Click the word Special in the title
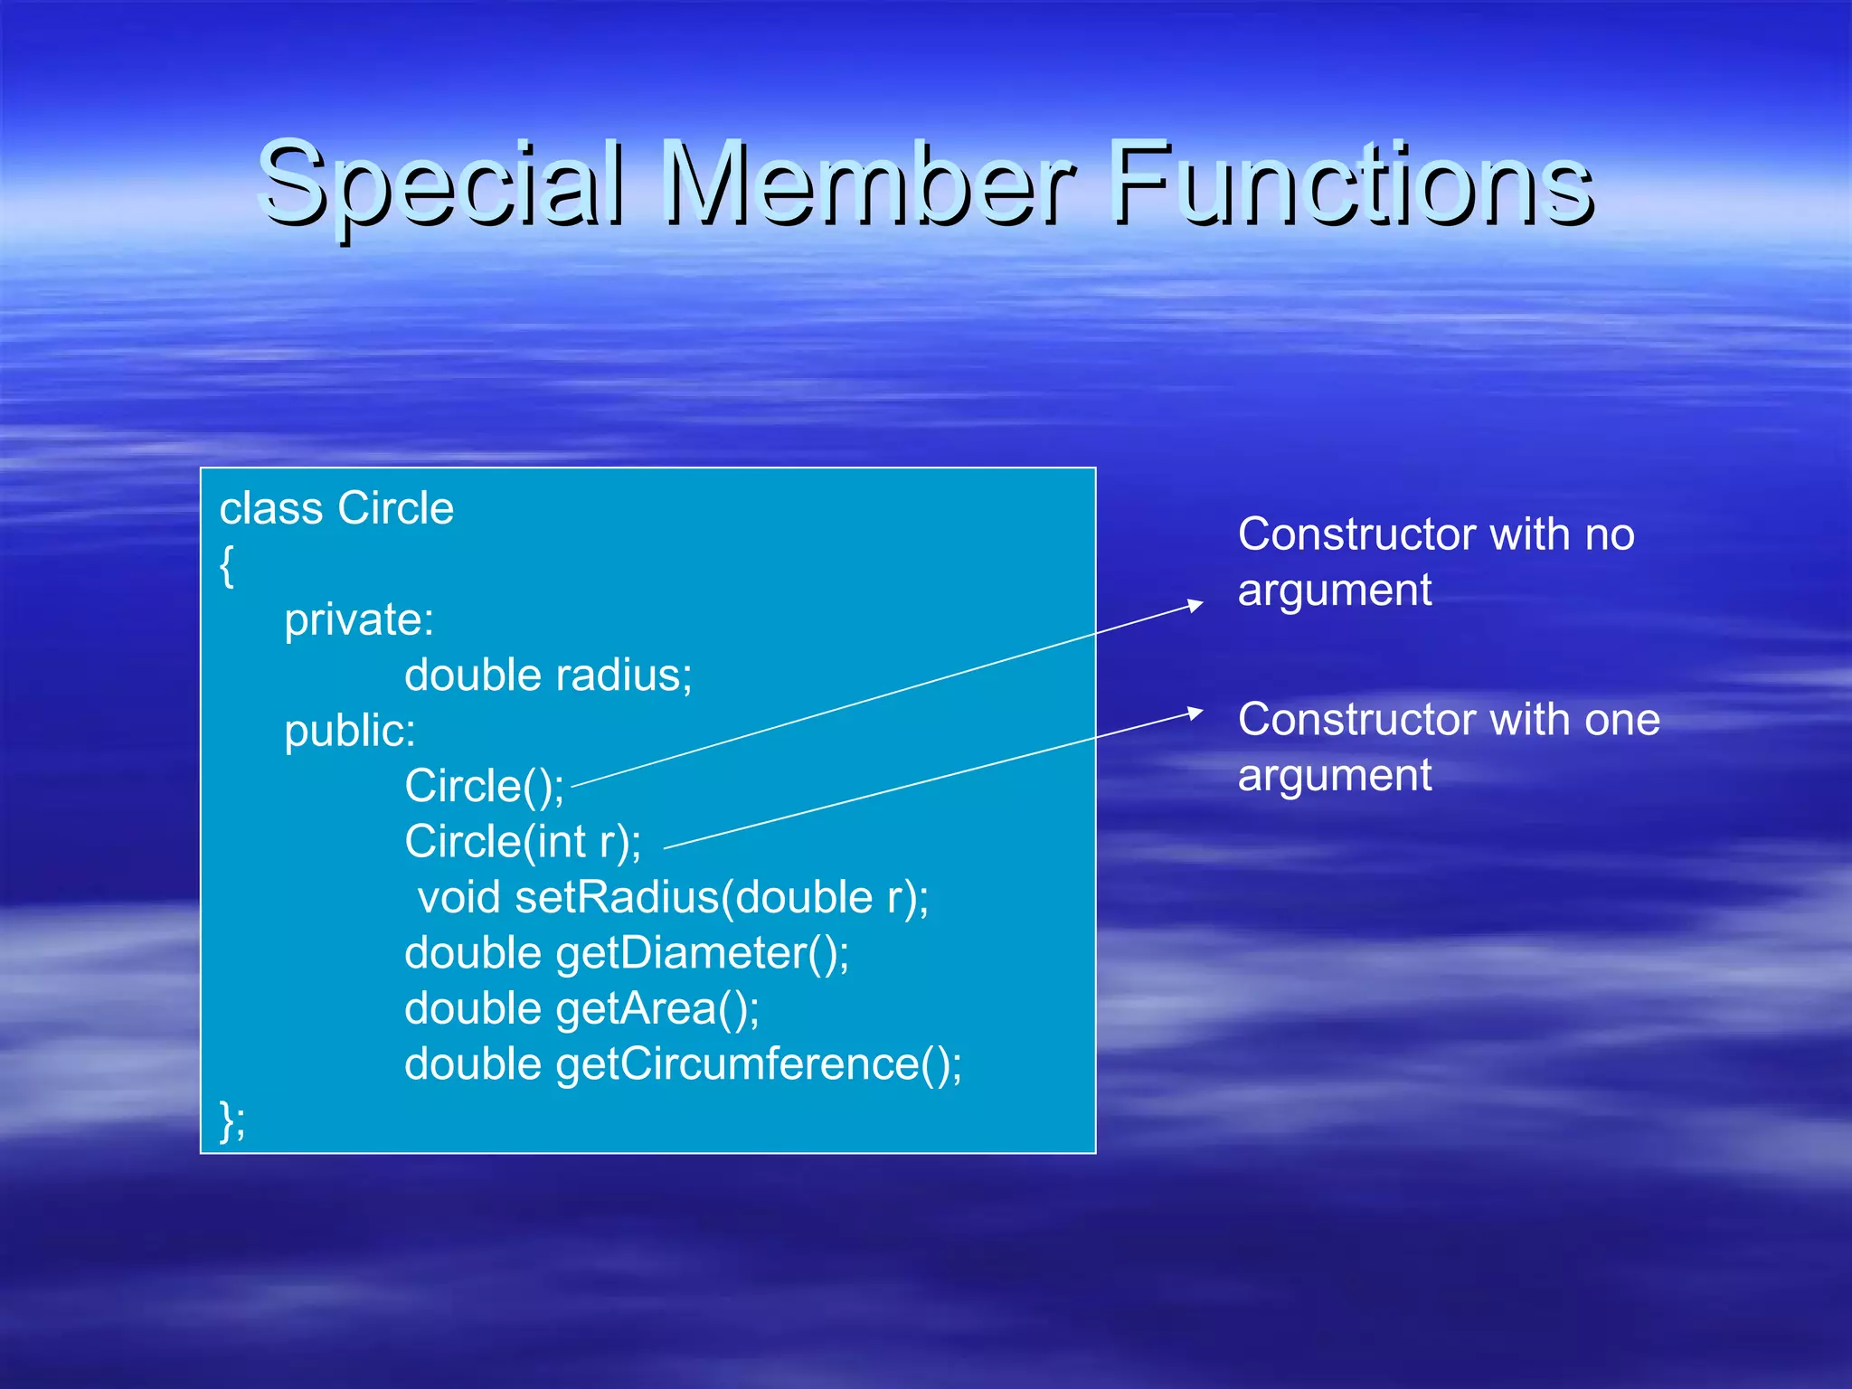(x=441, y=185)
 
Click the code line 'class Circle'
(x=336, y=508)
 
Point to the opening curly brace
(x=227, y=565)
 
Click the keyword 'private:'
(x=359, y=620)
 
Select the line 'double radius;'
(x=548, y=676)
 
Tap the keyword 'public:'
(x=350, y=731)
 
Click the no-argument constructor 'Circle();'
(x=484, y=786)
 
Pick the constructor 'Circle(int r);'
(x=523, y=842)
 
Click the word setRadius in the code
(x=617, y=897)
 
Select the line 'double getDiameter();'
(x=627, y=953)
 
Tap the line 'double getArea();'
(x=581, y=1008)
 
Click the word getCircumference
(x=738, y=1064)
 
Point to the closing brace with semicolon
(x=231, y=1121)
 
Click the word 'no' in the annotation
(x=1610, y=534)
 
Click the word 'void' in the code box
(x=459, y=897)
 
